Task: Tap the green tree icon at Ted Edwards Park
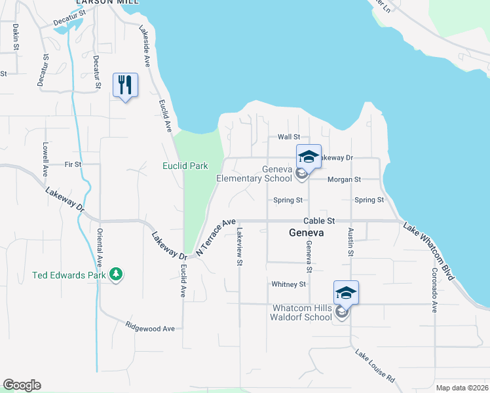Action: coord(116,274)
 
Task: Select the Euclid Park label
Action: coord(185,166)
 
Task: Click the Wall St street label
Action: coord(288,137)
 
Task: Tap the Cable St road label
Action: coord(319,221)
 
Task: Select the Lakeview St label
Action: coord(240,246)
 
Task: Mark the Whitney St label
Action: coord(289,284)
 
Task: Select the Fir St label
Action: coord(73,164)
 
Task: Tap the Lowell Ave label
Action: coord(45,159)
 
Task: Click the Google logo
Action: coord(22,385)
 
